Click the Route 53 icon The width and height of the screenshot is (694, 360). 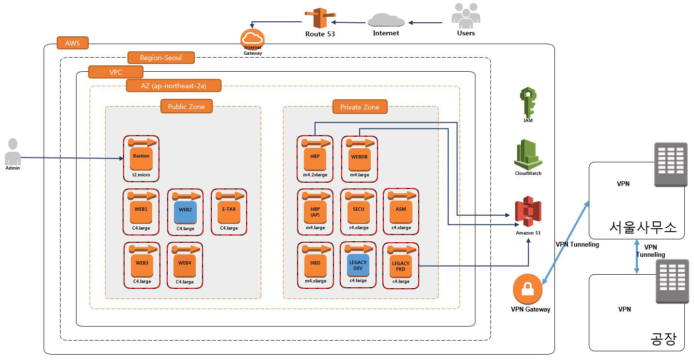point(319,18)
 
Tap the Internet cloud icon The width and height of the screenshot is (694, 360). point(386,20)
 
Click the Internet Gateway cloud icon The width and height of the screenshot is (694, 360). point(252,38)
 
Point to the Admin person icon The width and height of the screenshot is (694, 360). point(13,152)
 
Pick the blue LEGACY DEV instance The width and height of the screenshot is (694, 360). point(358,265)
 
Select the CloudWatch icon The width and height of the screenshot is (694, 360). point(528,154)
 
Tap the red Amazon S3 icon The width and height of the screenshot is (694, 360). point(528,212)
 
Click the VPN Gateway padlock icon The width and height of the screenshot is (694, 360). point(527,289)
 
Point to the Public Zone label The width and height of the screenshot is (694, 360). point(187,107)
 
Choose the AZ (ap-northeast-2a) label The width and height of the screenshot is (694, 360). point(173,86)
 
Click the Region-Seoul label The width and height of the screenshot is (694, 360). point(161,58)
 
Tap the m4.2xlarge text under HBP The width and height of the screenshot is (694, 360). point(315,175)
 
